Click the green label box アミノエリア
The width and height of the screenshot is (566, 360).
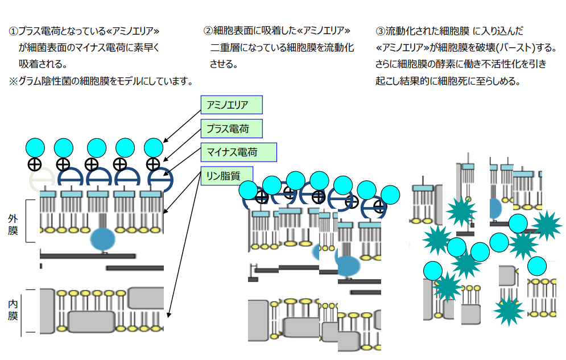231,105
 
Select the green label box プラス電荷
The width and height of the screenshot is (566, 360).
232,129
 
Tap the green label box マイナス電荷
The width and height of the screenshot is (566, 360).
238,152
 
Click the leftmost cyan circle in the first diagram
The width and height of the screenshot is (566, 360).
35,148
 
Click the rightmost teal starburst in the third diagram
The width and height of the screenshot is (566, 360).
547,224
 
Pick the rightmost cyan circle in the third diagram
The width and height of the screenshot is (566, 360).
536,266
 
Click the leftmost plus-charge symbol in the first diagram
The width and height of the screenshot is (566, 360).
35,165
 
